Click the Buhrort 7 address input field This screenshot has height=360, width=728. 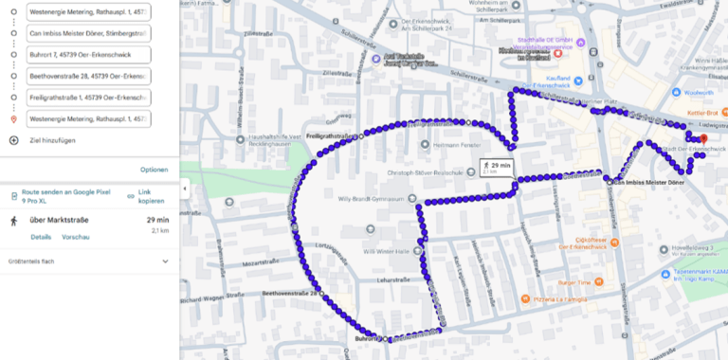(87, 54)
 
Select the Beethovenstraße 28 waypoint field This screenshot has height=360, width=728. (87, 76)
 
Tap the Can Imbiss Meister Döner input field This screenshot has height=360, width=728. (87, 33)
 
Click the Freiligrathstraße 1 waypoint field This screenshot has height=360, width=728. (87, 98)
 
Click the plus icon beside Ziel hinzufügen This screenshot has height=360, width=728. (13, 140)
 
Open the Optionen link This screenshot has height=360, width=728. (154, 170)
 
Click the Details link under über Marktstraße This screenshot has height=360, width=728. (41, 237)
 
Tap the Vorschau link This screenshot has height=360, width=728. (75, 237)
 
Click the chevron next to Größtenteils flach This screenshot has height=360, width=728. (165, 261)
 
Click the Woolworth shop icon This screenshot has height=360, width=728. (677, 93)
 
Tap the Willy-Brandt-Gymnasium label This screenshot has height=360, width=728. (377, 199)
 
